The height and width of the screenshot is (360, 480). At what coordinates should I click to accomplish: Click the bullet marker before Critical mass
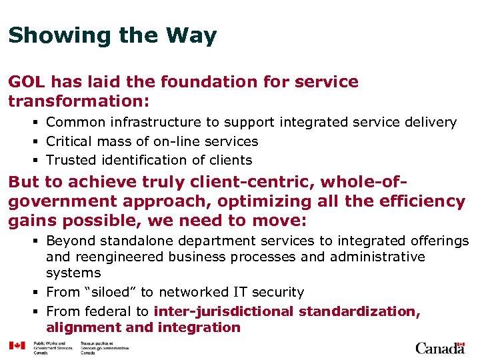point(38,141)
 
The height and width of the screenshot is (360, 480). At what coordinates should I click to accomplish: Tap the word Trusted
point(70,160)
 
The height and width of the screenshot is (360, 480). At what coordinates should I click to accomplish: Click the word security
point(275,292)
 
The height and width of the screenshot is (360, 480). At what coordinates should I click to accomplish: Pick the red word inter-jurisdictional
point(224,311)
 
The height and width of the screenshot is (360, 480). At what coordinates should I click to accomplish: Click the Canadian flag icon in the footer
point(17,345)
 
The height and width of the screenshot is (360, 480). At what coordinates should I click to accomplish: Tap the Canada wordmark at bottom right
point(440,347)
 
